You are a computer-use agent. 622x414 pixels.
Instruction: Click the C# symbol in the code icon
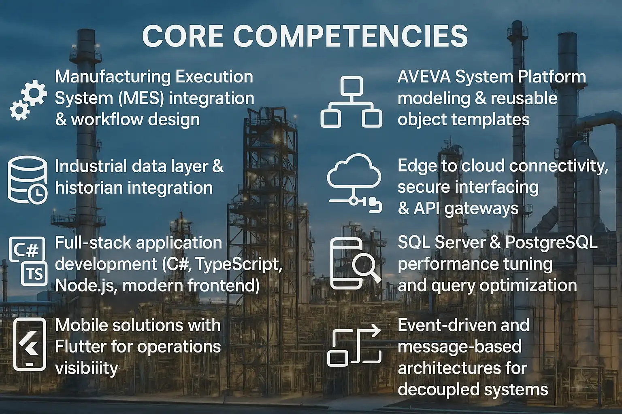click(x=26, y=249)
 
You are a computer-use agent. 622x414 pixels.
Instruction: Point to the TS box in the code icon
click(x=35, y=274)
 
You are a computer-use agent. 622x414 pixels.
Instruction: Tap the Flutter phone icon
click(x=30, y=344)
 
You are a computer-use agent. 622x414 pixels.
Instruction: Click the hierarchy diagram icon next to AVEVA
click(x=351, y=103)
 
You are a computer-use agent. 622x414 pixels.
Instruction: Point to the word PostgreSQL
click(x=551, y=242)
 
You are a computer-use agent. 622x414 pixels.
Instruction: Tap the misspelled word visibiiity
click(x=86, y=368)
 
